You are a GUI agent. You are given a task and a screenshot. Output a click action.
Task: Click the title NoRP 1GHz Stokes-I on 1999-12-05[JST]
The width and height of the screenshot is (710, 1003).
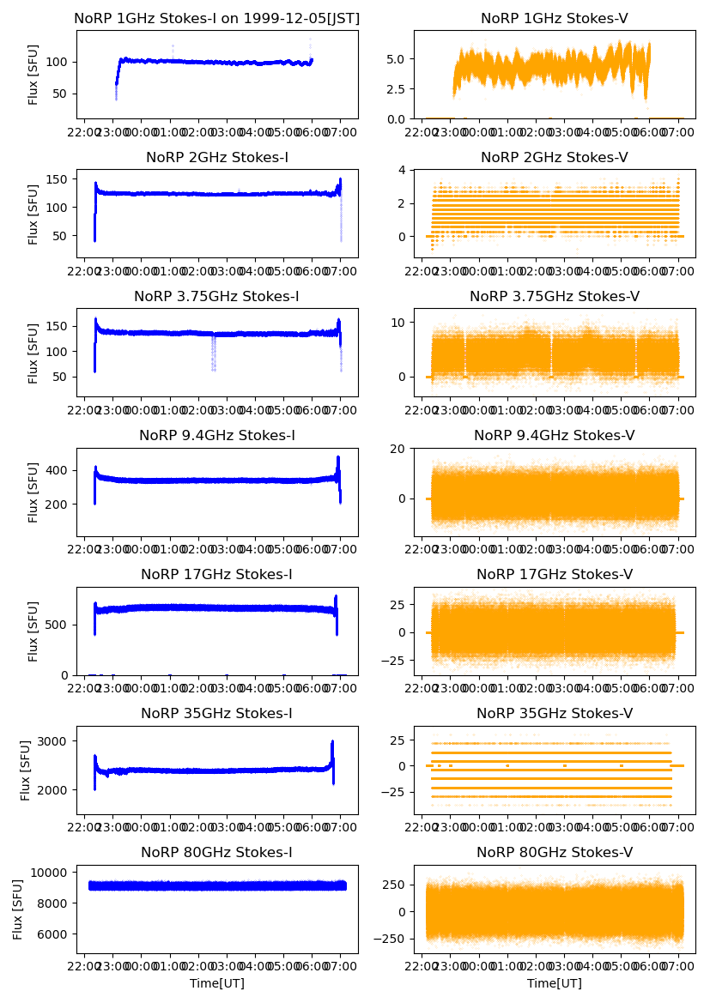pos(217,18)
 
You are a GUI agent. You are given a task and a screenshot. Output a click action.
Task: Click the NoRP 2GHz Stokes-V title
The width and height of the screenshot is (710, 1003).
pos(554,157)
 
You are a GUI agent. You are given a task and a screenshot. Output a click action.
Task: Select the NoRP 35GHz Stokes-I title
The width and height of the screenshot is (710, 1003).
pos(217,713)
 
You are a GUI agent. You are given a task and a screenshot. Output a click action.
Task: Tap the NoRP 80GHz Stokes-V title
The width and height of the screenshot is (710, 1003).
pos(554,852)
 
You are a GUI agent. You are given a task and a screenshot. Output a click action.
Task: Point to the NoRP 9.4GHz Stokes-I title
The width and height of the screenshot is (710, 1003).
pos(217,435)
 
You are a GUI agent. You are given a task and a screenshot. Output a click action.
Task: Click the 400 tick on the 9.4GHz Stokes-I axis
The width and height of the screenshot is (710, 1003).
pos(61,470)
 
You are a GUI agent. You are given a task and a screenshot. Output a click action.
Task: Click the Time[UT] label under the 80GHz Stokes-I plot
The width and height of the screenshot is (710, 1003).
pos(217,983)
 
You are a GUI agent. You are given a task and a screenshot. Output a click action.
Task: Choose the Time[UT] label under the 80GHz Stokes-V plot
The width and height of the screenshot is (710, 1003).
pos(554,983)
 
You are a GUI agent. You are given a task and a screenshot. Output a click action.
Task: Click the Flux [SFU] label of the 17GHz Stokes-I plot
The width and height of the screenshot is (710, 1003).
pos(33,631)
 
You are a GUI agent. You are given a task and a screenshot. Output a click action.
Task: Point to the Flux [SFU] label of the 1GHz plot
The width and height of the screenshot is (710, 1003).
pos(33,75)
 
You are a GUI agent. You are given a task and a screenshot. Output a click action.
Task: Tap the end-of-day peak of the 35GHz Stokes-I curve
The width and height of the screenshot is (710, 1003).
pos(332,743)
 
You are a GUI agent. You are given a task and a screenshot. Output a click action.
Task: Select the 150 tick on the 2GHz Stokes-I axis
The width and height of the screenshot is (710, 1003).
pos(61,178)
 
